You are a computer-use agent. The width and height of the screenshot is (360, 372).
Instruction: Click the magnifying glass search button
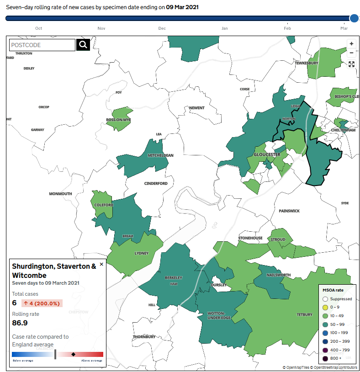pos(83,45)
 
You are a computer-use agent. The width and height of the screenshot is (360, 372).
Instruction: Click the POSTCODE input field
pos(42,45)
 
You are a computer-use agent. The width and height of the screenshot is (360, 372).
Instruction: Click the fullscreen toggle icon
pos(351,64)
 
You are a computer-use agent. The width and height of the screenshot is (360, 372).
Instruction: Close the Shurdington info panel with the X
pos(101,264)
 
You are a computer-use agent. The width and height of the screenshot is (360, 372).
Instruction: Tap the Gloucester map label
pos(266,154)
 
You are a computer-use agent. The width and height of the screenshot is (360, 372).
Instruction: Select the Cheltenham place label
pos(343,130)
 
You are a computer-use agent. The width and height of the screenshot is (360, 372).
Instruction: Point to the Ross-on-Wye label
pos(118,120)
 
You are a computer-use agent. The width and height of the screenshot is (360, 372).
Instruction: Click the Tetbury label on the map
pos(305,314)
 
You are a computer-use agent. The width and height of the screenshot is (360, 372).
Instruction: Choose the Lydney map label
pos(141,253)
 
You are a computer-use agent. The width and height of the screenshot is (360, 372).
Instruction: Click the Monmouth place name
pos(61,194)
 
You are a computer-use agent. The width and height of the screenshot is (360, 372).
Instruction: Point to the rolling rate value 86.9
pos(21,323)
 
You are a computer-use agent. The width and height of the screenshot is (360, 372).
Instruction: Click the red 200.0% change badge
pos(42,303)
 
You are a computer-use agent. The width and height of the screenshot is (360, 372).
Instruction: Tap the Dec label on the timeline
pos(162,28)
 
